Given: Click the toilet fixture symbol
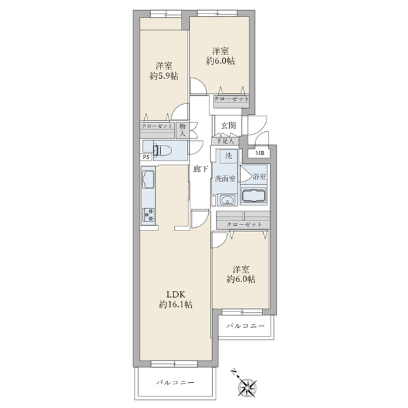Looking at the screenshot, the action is pos(162,151).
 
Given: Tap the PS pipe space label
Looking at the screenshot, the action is pos(146,157).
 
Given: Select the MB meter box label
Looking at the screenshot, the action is pos(260,153).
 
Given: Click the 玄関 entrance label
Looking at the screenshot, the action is pos(228,126).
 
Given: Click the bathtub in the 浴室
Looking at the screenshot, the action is pos(254,196).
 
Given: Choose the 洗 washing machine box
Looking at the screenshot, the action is pos(228,156).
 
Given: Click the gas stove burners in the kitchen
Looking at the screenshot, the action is pos(149,215).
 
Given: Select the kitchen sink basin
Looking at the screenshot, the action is pos(148,180).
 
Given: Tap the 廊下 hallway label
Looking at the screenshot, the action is pos(201,169).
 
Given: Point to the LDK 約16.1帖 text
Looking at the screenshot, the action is pos(175,299).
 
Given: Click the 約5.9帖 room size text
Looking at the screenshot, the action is pos(164,76).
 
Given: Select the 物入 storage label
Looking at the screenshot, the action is pos(182,131).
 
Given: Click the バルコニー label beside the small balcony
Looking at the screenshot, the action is pos(245,326).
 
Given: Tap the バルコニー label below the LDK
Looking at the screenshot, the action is pos(175,382).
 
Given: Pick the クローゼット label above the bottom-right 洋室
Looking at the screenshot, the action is pos(244,224).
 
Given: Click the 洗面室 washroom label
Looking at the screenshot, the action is pos(225,179).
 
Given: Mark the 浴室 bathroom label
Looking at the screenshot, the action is pos(259,177).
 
